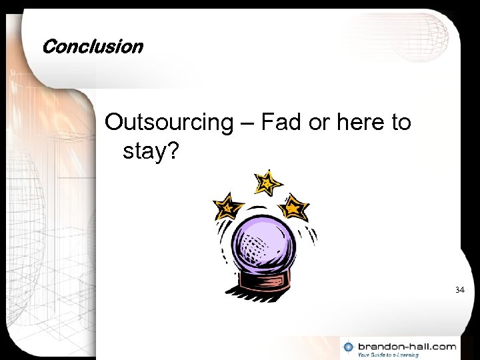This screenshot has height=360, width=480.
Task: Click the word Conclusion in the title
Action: tap(92, 47)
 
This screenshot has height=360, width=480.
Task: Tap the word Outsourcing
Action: tap(167, 123)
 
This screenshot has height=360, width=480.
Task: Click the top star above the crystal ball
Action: tap(267, 182)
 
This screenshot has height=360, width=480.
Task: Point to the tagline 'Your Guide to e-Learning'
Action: tap(388, 355)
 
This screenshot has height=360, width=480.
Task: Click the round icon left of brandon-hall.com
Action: tap(349, 347)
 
